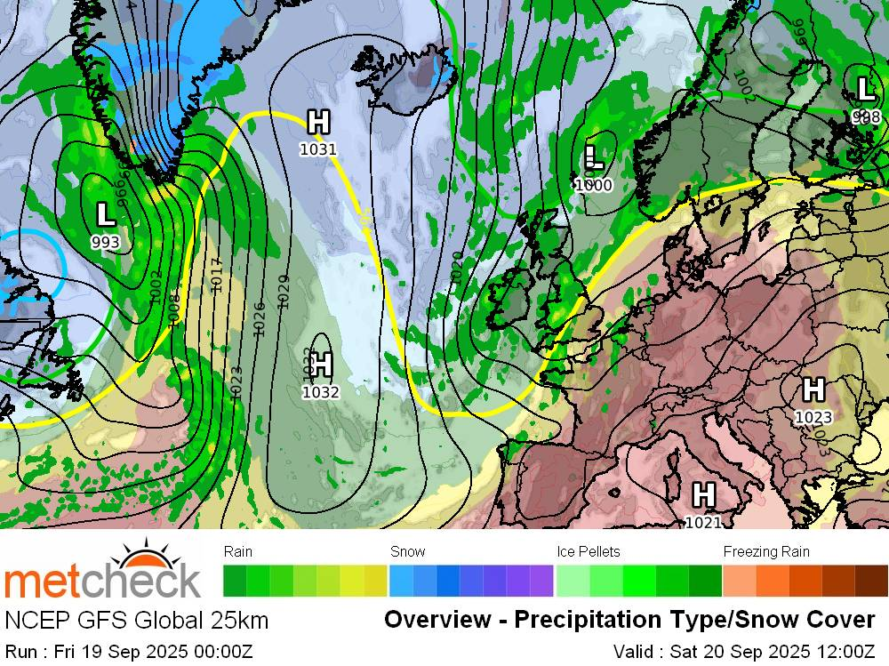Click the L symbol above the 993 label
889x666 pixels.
(x=105, y=214)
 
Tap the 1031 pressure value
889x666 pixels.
(x=317, y=149)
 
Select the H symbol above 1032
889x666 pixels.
(x=321, y=364)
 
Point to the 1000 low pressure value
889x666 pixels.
(x=593, y=185)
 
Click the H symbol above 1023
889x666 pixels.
(x=813, y=389)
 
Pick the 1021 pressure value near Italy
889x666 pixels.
(x=703, y=523)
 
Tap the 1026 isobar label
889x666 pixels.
(x=260, y=317)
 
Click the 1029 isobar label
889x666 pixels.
(x=284, y=291)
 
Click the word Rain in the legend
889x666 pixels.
(x=238, y=552)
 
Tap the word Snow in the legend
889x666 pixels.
(x=408, y=552)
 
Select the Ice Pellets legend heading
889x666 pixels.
(x=589, y=552)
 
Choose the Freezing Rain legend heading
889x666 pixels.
(x=766, y=552)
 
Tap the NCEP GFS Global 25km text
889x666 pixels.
(x=137, y=620)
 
